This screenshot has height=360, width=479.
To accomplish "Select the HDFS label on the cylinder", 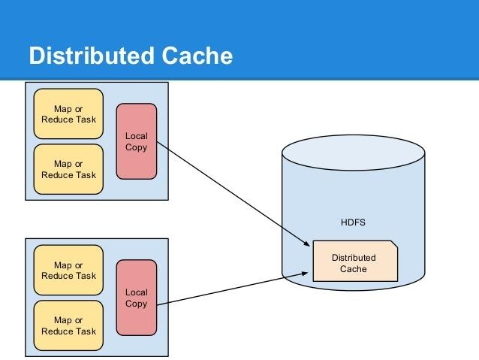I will tap(352, 223).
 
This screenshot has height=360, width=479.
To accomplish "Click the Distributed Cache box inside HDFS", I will tap(354, 262).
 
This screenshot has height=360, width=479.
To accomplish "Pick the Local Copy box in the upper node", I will tap(137, 141).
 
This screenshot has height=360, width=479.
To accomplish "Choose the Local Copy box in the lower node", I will tap(137, 298).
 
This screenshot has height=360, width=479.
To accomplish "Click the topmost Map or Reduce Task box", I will tap(68, 114).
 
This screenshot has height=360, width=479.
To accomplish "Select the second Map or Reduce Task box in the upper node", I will tap(68, 169).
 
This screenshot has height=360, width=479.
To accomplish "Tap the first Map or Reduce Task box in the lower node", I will tap(68, 271).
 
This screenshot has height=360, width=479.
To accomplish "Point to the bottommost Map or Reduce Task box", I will tap(68, 325).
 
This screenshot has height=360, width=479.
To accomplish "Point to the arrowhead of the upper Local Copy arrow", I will tap(308, 244).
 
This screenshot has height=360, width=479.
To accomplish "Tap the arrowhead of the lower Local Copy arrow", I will tap(308, 274).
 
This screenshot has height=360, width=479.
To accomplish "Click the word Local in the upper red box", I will tap(137, 136).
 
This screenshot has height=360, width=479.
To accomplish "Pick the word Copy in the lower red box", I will tap(137, 304).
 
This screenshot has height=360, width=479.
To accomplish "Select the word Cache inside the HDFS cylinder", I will tap(354, 268).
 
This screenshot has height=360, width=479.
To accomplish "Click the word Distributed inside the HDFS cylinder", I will tap(354, 257).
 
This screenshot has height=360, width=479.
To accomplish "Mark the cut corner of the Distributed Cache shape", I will tap(394, 244).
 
